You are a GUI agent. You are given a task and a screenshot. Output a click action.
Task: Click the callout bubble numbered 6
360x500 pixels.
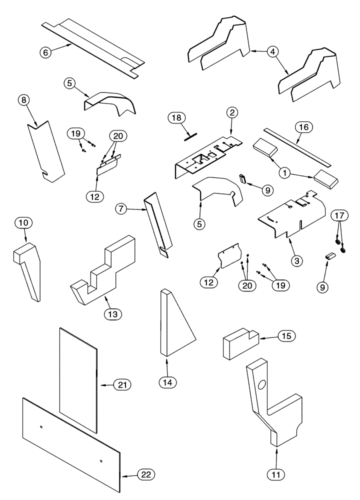[46, 51]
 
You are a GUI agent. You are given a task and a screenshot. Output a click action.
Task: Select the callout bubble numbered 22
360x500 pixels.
[145, 474]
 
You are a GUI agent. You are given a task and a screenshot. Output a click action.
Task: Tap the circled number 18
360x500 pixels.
[176, 118]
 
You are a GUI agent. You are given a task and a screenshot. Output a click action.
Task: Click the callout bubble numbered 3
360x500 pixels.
[296, 260]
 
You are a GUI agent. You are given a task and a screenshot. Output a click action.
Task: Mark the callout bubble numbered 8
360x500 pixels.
[23, 99]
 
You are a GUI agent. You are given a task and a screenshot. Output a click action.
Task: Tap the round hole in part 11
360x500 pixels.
[263, 385]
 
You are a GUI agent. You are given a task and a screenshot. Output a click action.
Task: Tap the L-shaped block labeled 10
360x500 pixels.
[26, 270]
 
